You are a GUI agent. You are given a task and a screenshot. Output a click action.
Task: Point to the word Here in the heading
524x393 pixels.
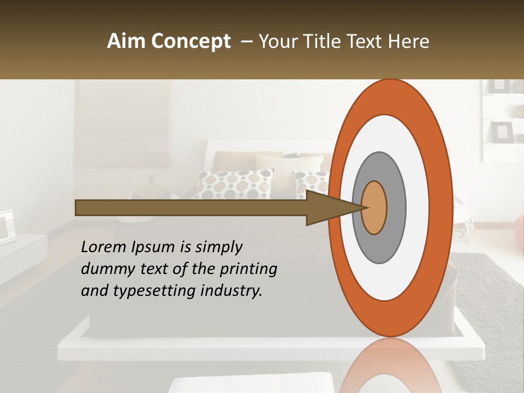click(x=409, y=41)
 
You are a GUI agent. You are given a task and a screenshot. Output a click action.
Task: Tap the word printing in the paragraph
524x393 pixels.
click(x=248, y=269)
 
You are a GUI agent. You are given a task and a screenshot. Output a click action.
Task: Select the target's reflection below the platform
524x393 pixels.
click(x=391, y=366)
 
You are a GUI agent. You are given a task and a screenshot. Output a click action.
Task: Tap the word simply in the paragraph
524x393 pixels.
click(x=218, y=247)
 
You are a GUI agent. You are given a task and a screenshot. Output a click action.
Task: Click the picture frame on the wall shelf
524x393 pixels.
click(x=502, y=132)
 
